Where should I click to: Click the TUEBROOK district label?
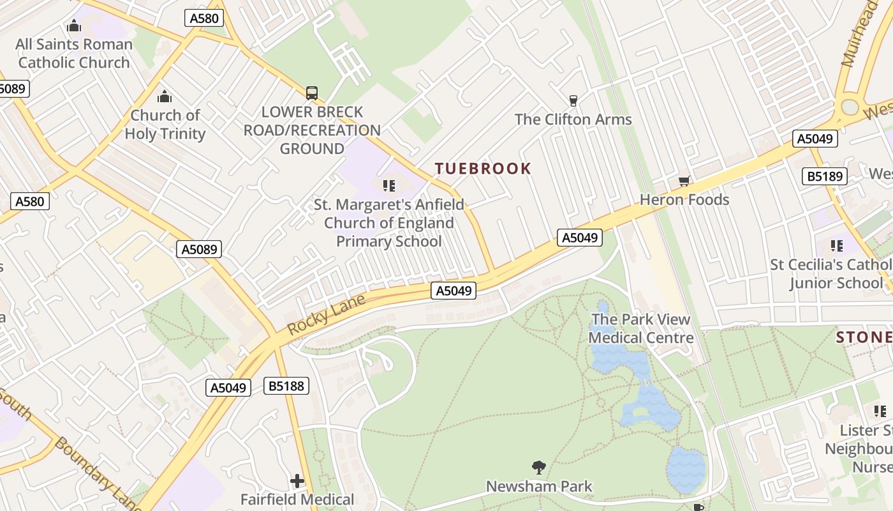483,169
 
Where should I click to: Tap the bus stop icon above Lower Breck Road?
311,93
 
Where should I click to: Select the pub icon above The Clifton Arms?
573,100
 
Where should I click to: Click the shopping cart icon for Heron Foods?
684,182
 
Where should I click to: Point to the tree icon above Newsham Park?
539,468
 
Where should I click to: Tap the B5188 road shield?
286,386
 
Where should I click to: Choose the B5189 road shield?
824,176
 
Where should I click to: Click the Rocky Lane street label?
326,314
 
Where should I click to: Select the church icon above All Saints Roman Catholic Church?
74,26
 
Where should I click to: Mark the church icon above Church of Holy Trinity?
165,96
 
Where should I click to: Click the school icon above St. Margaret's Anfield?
388,186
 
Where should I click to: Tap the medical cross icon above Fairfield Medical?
297,480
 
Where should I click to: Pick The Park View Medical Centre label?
640,328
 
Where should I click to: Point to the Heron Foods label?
684,200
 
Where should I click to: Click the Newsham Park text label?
539,486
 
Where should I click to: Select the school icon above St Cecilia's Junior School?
836,246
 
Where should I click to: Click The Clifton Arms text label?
573,119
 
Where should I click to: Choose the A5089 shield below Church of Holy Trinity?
199,249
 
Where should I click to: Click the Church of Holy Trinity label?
165,125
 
